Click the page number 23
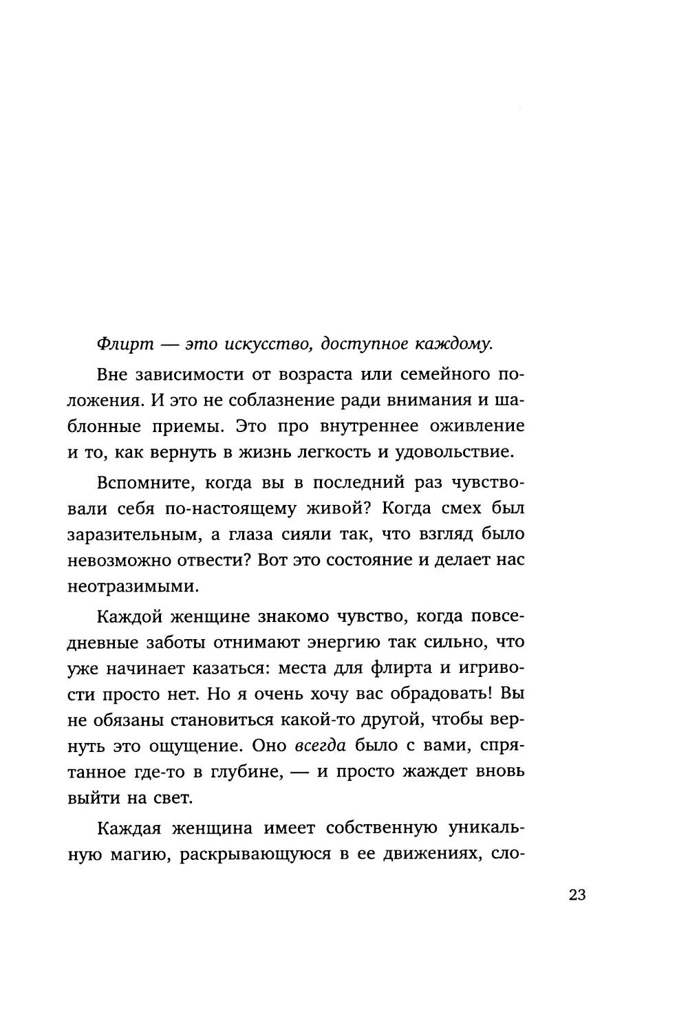577,896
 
